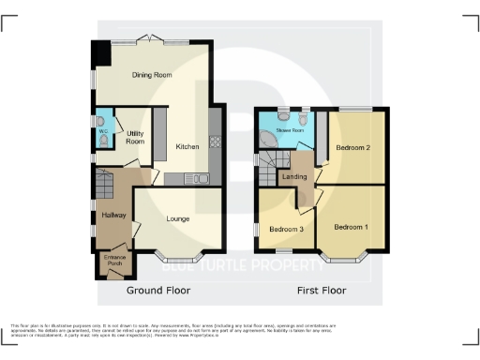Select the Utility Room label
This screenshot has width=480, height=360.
pyautogui.click(x=135, y=137)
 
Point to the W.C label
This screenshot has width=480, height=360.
pyautogui.click(x=101, y=130)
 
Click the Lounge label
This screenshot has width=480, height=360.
pyautogui.click(x=179, y=219)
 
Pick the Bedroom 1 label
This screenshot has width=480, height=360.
pyautogui.click(x=352, y=227)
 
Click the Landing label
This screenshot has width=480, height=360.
pyautogui.click(x=295, y=176)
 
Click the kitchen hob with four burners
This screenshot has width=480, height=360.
pyautogui.click(x=215, y=143)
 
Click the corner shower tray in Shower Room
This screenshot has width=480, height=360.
pyautogui.click(x=268, y=138)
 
